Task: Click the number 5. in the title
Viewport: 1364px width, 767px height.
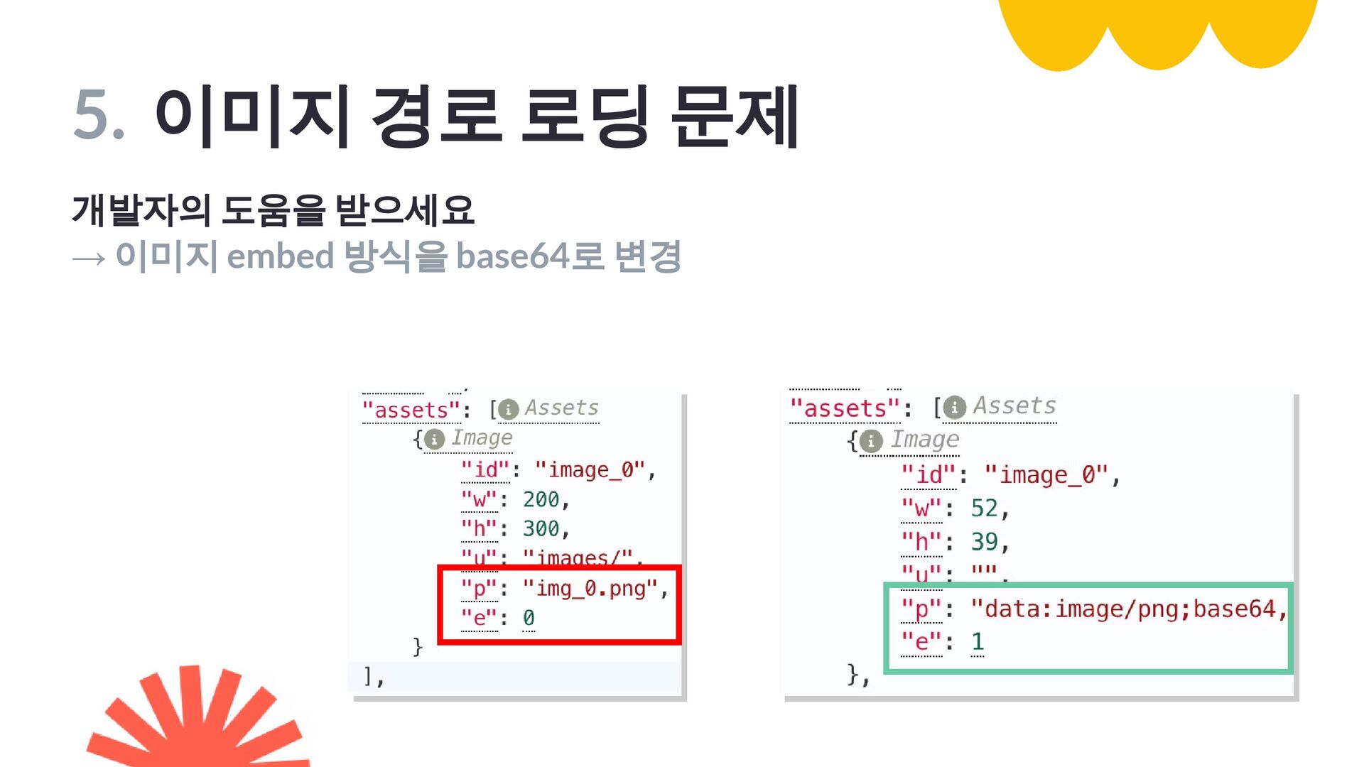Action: coord(99,114)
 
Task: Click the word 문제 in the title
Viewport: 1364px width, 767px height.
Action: coord(735,116)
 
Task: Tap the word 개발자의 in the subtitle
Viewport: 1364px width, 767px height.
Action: coord(141,210)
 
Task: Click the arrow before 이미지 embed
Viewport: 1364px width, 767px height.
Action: coord(89,258)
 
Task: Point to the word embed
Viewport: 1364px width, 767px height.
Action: coord(280,256)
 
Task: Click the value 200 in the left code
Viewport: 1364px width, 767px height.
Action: coord(541,500)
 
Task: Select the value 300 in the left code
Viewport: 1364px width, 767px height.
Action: coord(541,529)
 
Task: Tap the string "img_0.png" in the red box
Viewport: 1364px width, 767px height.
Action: coord(591,589)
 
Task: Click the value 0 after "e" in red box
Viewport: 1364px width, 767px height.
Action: coord(529,618)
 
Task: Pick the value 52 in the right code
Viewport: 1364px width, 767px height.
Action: coord(985,508)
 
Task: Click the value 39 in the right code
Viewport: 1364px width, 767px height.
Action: coord(985,542)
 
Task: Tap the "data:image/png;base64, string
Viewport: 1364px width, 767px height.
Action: coord(1128,609)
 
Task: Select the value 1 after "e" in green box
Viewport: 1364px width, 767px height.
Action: coord(978,642)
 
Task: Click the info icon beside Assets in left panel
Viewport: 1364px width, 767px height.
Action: coord(509,410)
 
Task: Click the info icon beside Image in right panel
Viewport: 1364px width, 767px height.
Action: coord(871,441)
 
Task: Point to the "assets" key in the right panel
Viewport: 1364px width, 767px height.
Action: coord(845,409)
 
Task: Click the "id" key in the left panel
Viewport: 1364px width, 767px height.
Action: coord(485,470)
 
